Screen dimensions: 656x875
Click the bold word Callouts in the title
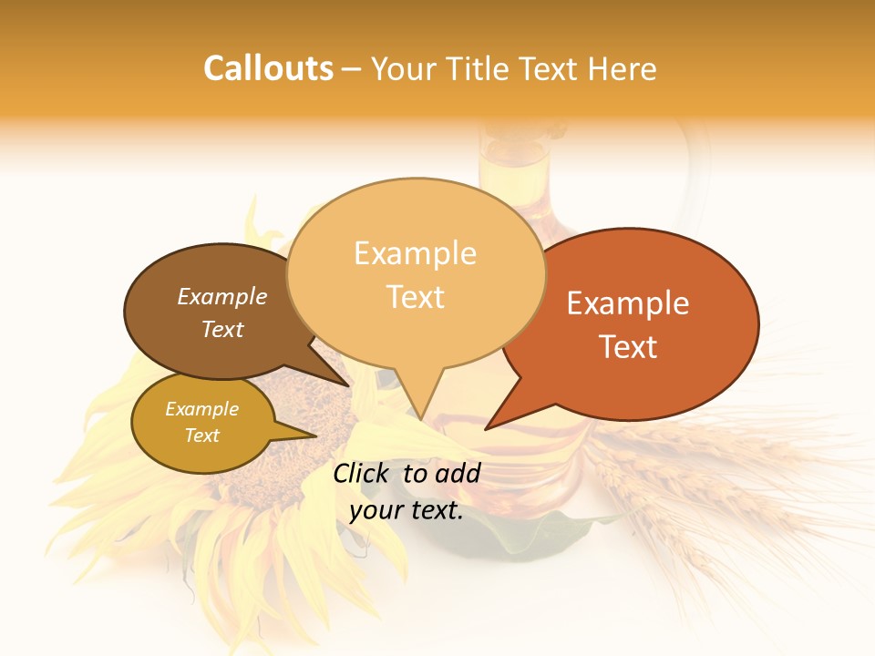click(x=268, y=68)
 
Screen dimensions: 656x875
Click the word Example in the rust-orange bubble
click(x=628, y=303)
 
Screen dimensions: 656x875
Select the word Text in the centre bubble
click(x=416, y=297)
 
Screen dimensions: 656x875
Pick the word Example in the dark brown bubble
click(x=222, y=296)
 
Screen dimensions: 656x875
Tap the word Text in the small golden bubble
click(x=202, y=436)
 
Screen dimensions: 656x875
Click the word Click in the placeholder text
click(x=362, y=473)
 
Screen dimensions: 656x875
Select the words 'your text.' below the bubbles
click(x=407, y=510)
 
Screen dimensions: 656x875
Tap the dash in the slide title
click(x=354, y=69)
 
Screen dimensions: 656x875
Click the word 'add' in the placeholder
click(x=458, y=473)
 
